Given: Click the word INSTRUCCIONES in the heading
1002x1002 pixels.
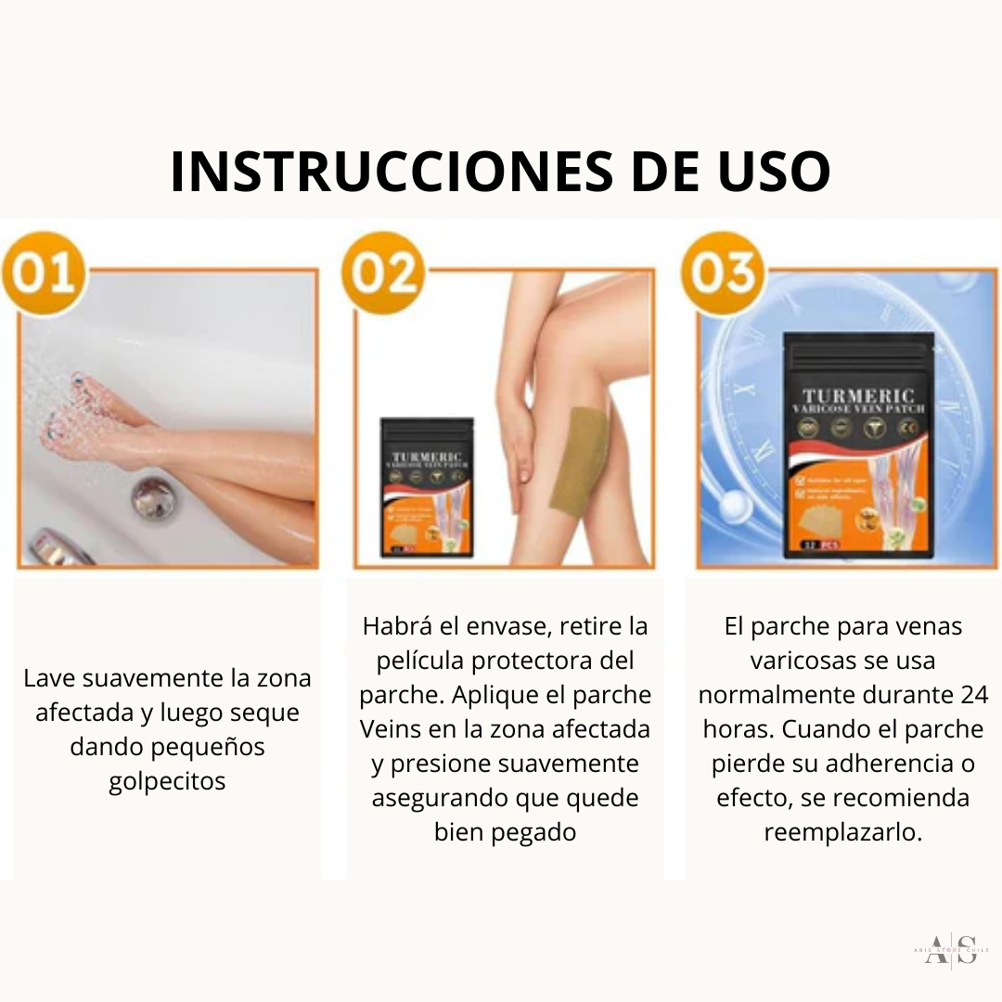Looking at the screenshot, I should coord(376,172).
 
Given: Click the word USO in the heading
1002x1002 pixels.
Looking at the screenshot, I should coord(766,172).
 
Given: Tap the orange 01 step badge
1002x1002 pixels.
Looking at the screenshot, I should coord(44,276).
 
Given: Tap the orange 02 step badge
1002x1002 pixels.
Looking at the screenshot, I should coord(382,276).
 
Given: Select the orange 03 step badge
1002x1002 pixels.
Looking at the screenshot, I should coord(722,276).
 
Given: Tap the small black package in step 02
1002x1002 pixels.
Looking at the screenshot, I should coord(427,487).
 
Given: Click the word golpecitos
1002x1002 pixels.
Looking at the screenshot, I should coord(167,781).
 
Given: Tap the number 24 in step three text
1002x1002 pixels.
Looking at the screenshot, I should coord(971,695).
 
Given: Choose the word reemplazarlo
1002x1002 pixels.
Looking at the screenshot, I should coord(842,831).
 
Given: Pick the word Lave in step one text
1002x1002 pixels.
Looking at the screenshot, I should coord(49,678).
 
